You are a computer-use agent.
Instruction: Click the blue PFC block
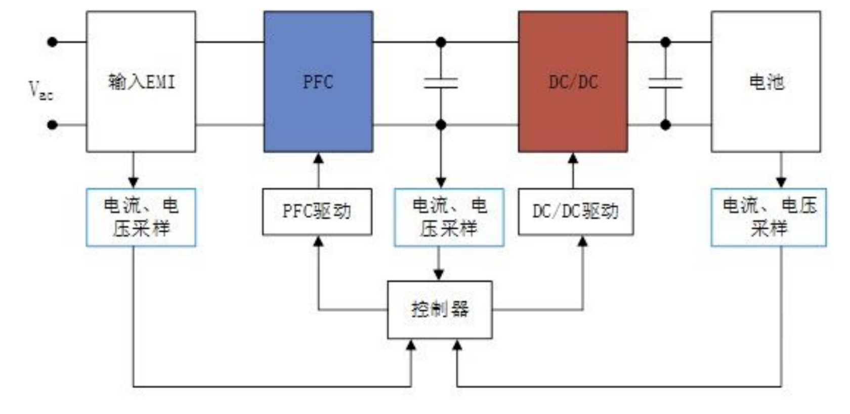click(318, 81)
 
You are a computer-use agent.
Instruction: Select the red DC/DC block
click(573, 81)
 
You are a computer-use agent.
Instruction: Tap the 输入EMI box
click(141, 81)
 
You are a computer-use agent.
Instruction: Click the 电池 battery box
click(766, 81)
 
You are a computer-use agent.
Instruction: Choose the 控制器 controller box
click(439, 309)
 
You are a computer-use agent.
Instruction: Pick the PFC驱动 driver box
click(317, 212)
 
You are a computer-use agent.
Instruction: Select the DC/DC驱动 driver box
click(575, 212)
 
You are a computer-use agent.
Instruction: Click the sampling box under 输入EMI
click(141, 217)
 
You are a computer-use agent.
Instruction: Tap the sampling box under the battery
click(768, 217)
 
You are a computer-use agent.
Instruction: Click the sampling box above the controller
click(449, 217)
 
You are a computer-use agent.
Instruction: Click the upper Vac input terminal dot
click(52, 42)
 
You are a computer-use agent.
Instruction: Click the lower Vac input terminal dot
click(52, 124)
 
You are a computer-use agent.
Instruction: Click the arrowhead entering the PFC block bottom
click(318, 158)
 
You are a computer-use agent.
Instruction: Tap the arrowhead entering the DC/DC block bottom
click(573, 158)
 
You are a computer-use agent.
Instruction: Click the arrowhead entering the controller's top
click(439, 275)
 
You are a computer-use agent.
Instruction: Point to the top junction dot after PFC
click(441, 42)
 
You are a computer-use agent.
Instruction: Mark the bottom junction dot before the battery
click(665, 124)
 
